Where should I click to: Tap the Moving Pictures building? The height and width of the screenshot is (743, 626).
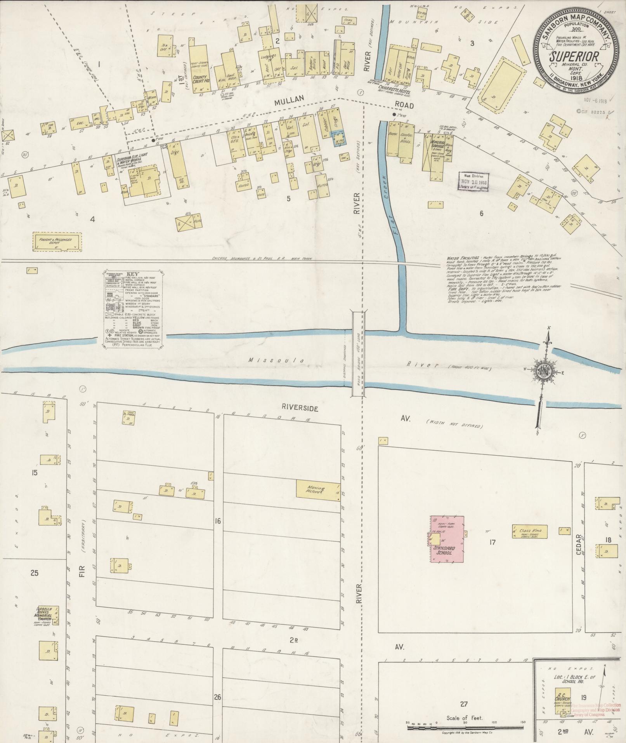[x=318, y=489]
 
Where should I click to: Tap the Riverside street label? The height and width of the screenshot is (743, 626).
[x=300, y=408]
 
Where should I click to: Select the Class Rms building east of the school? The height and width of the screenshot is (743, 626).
[x=530, y=532]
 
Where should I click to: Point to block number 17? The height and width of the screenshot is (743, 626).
[x=492, y=542]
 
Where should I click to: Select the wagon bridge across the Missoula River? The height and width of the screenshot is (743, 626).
[x=357, y=354]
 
